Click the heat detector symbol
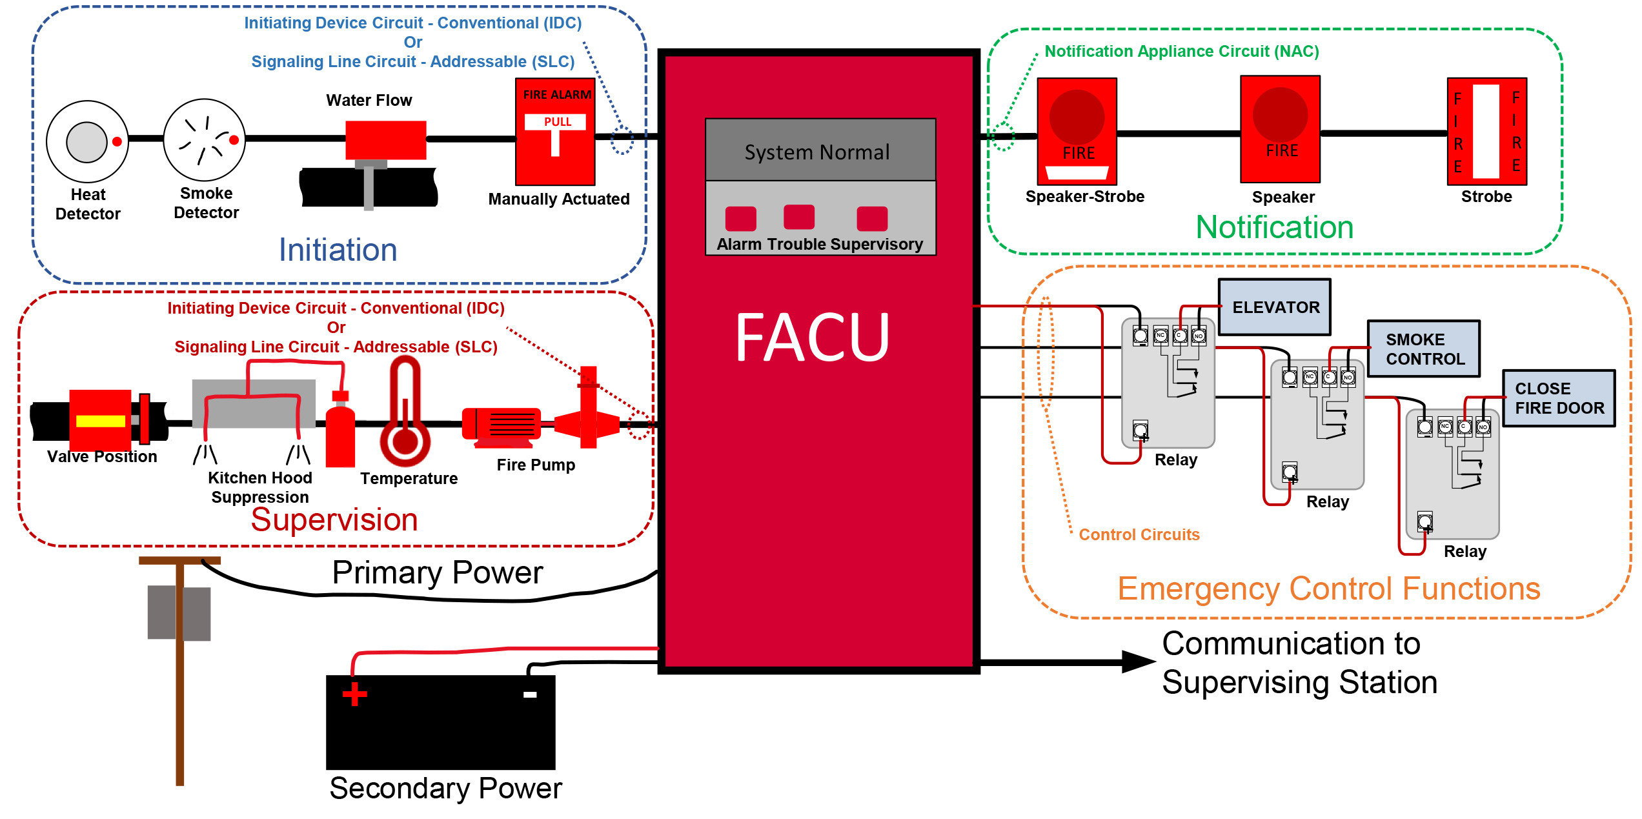(87, 141)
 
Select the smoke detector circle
(205, 140)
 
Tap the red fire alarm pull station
(555, 132)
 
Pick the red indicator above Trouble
(799, 217)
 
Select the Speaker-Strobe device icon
(1077, 131)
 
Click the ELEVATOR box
(1275, 307)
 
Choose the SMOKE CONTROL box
(1424, 349)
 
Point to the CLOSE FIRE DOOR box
(1558, 398)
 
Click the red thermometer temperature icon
(405, 413)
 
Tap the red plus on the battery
(354, 694)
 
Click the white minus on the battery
(530, 694)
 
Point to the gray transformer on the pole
(179, 612)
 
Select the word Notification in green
(1274, 228)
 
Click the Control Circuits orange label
(1139, 534)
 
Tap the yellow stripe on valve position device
(100, 421)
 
